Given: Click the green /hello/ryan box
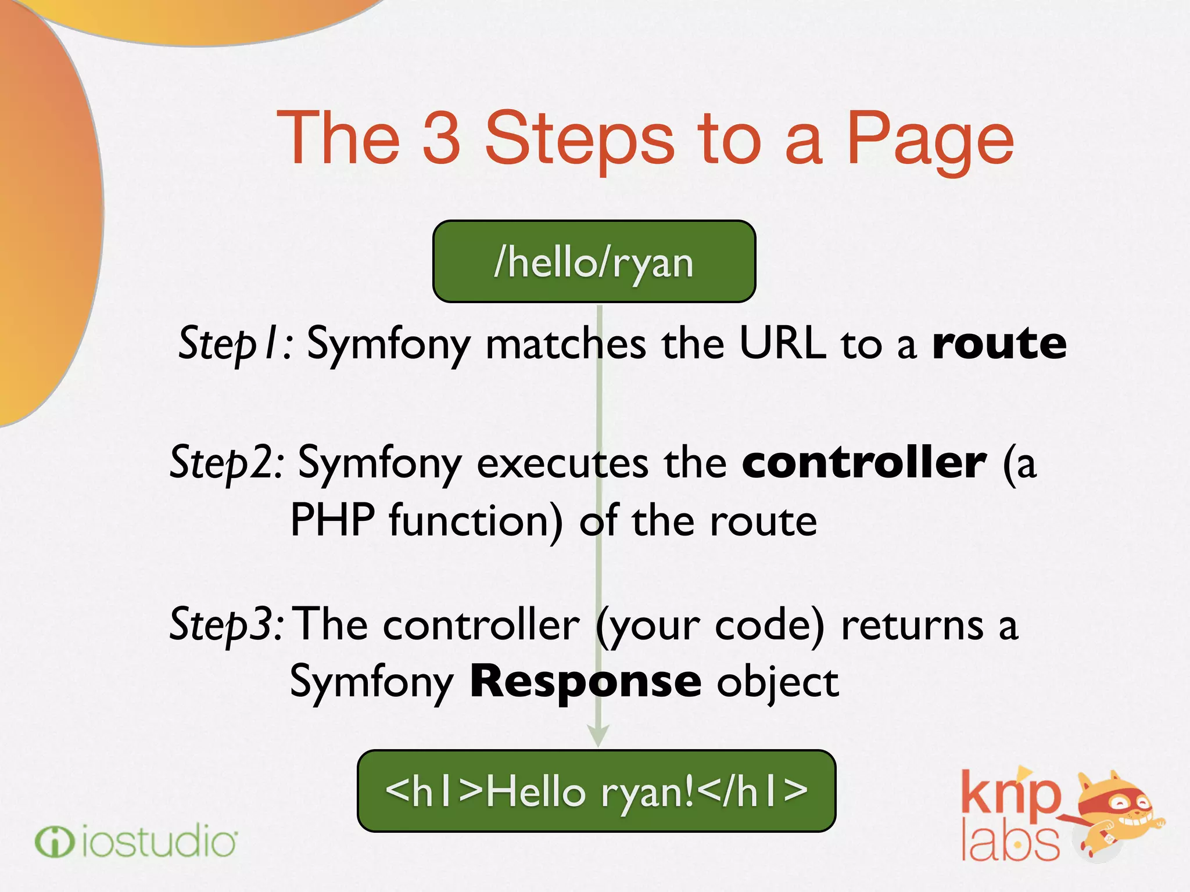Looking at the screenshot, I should coord(594,262).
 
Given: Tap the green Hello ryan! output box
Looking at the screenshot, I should coord(596,791).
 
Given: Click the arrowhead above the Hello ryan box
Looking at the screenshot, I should coord(598,736).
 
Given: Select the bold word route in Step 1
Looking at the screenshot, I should coord(999,343).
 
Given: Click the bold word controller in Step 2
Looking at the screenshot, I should coord(864,463).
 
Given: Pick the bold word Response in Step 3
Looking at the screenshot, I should coord(585,681).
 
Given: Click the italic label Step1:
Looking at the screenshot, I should coord(235,343).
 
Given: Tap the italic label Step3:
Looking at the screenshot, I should coord(227,625).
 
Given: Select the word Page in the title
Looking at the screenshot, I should coord(930,142).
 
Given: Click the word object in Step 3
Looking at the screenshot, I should coord(777,683).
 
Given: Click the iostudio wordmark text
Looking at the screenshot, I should coord(159,842).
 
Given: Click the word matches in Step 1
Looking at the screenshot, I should coord(565,343).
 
